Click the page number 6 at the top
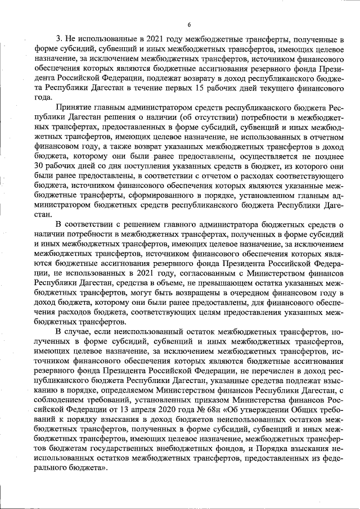click(189, 24)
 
